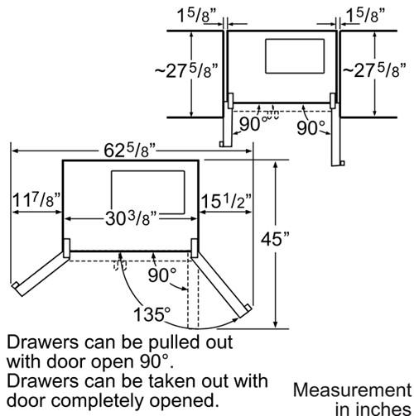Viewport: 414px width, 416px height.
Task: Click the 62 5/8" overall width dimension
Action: pyautogui.click(x=129, y=151)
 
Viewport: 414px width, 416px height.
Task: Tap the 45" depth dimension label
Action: pyautogui.click(x=275, y=238)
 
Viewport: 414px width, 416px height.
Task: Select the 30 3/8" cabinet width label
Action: pyautogui.click(x=131, y=219)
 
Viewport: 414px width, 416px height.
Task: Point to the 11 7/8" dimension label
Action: pyautogui.click(x=36, y=200)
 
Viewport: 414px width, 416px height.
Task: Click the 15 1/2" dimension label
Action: pyautogui.click(x=226, y=201)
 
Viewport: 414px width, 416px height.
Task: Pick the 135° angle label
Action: pyautogui.click(x=152, y=314)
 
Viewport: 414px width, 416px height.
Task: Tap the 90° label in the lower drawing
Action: pyautogui.click(x=162, y=275)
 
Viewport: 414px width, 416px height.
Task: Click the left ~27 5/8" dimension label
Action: pyautogui.click(x=186, y=71)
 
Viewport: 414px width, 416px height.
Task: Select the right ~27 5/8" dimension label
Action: pyautogui.click(x=374, y=70)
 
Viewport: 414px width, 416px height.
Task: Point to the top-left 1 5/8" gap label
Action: pyautogui.click(x=196, y=15)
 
